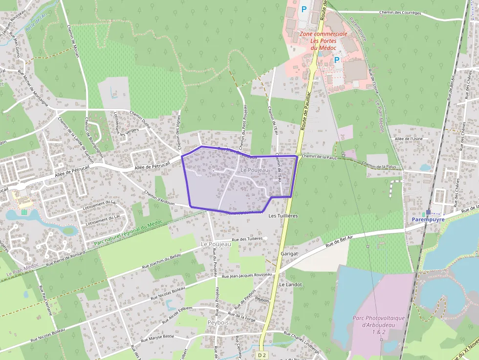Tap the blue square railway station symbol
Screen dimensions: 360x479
pyautogui.click(x=428, y=212)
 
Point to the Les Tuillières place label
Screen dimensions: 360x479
pyautogui.click(x=283, y=215)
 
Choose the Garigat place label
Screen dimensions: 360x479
pyautogui.click(x=290, y=254)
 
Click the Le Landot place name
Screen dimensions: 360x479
pyautogui.click(x=288, y=284)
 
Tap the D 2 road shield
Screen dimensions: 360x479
pyautogui.click(x=262, y=355)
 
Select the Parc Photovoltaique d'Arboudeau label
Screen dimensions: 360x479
pyautogui.click(x=379, y=325)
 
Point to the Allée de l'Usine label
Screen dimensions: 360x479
pyautogui.click(x=408, y=139)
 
